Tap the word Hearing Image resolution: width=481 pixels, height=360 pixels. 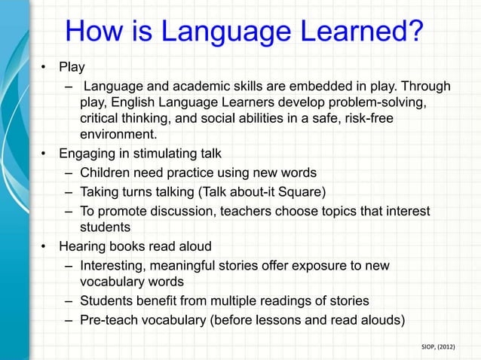pyautogui.click(x=82, y=246)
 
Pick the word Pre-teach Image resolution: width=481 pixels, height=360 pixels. pyautogui.click(x=111, y=319)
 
